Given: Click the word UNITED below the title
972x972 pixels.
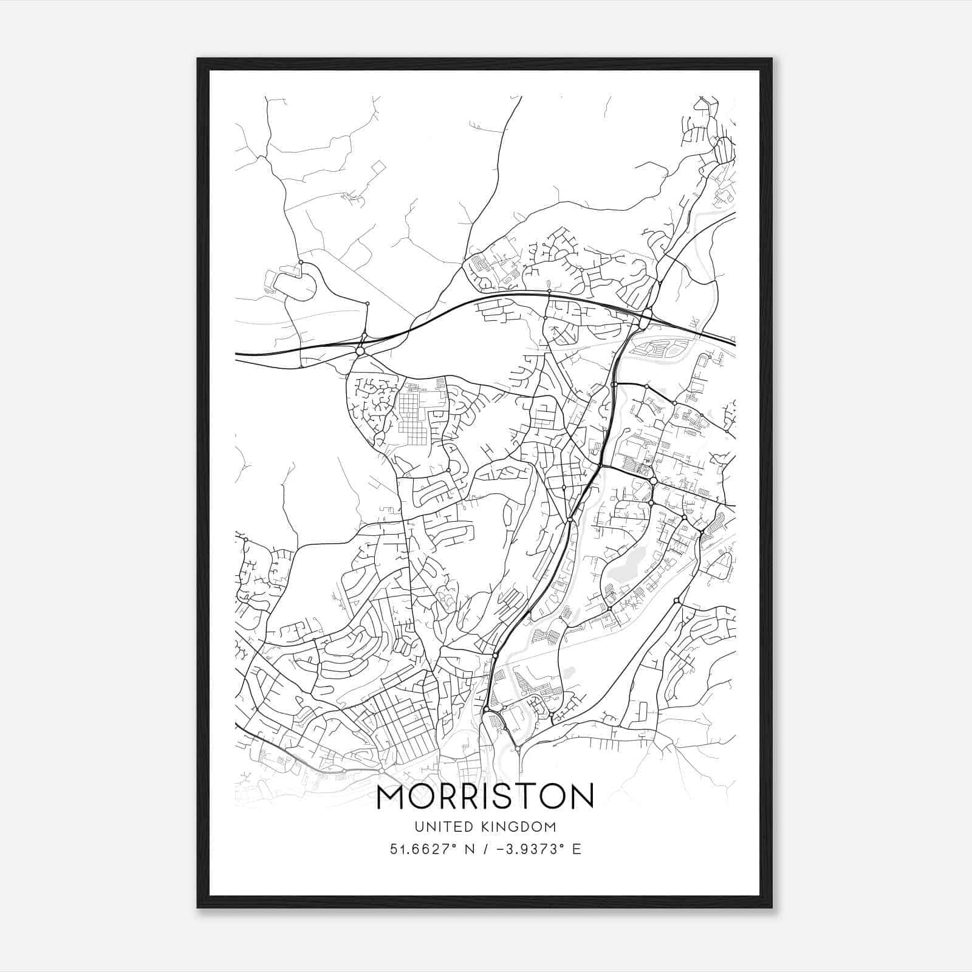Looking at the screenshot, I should coord(435,826).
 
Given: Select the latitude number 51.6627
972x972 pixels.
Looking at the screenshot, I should coord(424,849).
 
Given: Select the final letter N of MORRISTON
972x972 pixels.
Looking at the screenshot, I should coord(580,798).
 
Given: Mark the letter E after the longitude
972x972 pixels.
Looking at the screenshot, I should coord(577,849).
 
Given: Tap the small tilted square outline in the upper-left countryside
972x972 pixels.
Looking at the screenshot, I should coord(378,167).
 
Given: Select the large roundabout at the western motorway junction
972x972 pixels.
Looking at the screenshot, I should coord(360,351).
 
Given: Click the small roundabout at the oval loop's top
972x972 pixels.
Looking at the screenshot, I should coord(301,262).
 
